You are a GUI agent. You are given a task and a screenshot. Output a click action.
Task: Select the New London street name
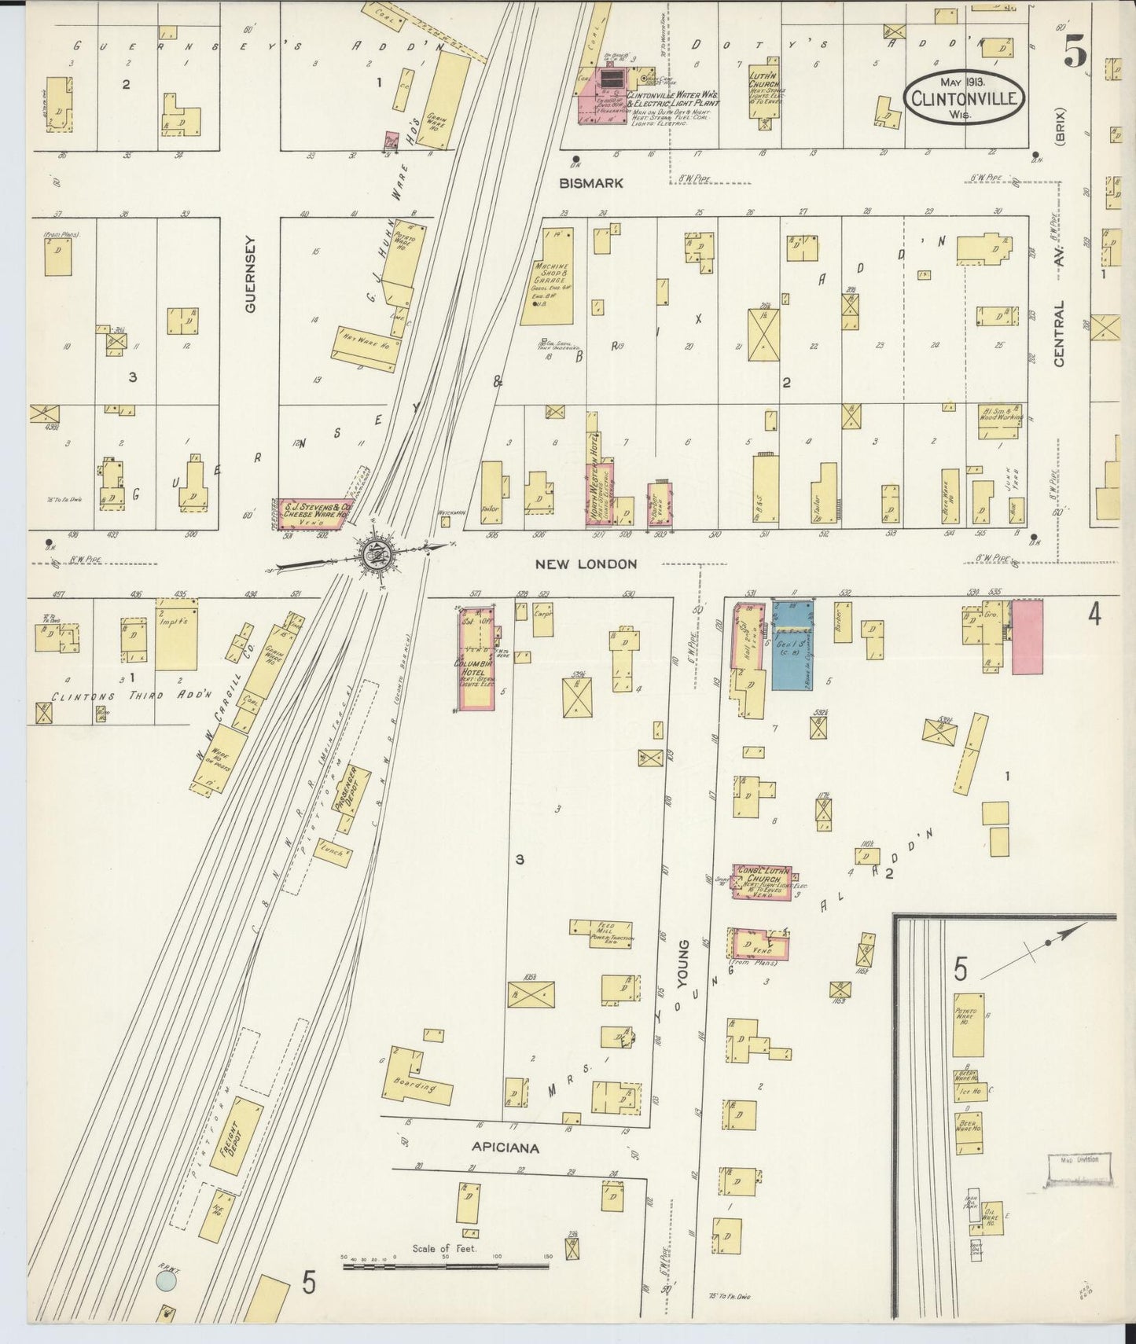click(x=585, y=564)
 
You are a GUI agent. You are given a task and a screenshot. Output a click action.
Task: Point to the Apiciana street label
click(x=505, y=1148)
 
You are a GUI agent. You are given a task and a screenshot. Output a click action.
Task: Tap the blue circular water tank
click(x=166, y=1283)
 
